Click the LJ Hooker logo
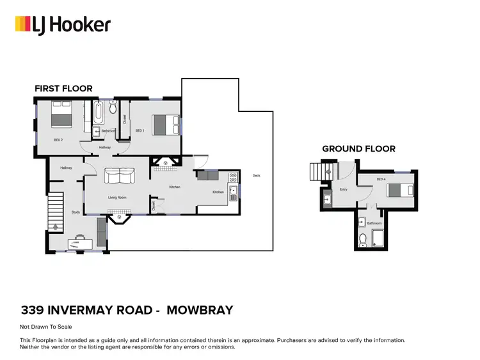[63, 25]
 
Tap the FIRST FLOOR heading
[63, 88]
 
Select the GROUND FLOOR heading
[358, 148]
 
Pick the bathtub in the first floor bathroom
[98, 113]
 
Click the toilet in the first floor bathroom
[113, 107]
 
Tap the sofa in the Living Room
[120, 175]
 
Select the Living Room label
[117, 198]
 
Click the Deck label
[256, 175]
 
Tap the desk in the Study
[79, 242]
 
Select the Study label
[76, 212]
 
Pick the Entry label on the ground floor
[343, 189]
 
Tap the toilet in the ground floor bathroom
[362, 241]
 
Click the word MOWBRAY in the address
[200, 311]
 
